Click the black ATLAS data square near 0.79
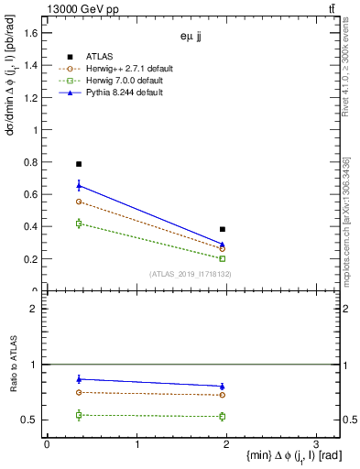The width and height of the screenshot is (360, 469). tap(79, 164)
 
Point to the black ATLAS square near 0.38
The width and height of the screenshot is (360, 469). tap(223, 229)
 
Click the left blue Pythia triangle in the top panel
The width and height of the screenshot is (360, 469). tap(79, 186)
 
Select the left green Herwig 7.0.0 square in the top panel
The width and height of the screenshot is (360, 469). tap(79, 224)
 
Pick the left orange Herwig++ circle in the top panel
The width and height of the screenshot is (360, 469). tap(79, 202)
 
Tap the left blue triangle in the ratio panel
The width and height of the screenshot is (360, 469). tap(79, 378)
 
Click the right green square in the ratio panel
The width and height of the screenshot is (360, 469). tap(223, 416)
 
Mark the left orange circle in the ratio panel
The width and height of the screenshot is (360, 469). tap(79, 392)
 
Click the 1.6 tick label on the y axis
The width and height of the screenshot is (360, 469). tap(29, 33)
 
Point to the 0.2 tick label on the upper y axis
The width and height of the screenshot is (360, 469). tap(29, 259)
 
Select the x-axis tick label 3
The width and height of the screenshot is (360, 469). tap(315, 444)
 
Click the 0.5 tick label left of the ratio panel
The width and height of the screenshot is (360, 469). tap(29, 420)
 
